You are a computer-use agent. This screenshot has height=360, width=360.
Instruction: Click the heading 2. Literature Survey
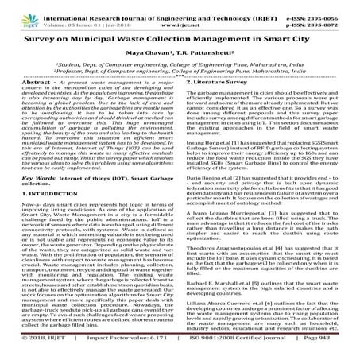[x=216, y=82]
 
